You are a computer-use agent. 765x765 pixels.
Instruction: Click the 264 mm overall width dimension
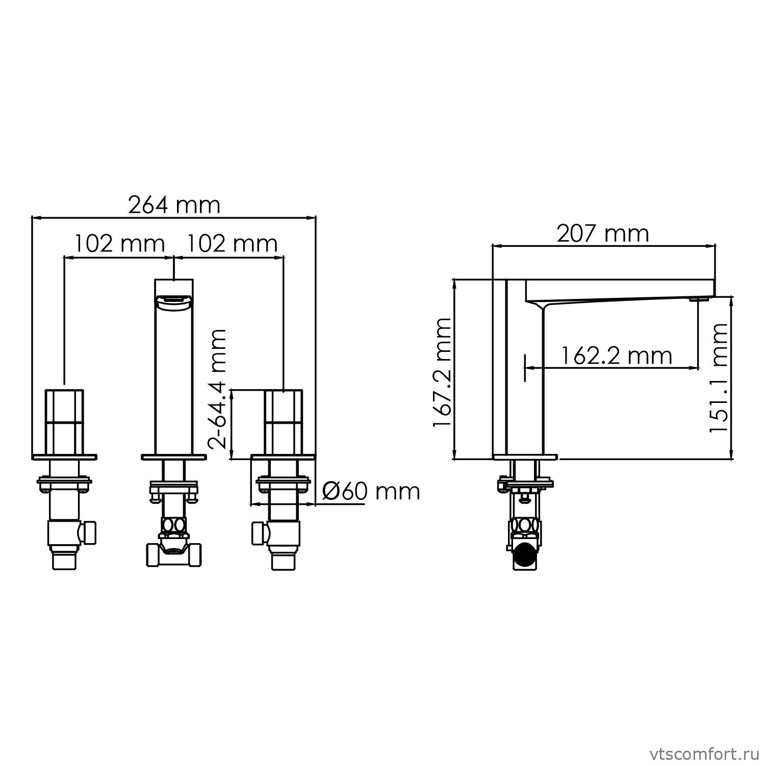tap(174, 205)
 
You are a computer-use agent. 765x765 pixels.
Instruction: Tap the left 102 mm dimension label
tap(120, 244)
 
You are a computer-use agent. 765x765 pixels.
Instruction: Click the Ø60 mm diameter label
tap(371, 492)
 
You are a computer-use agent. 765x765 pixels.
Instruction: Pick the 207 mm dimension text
tap(602, 234)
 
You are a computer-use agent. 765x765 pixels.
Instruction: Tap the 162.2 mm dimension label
tap(617, 355)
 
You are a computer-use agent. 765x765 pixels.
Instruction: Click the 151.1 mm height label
tap(720, 378)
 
